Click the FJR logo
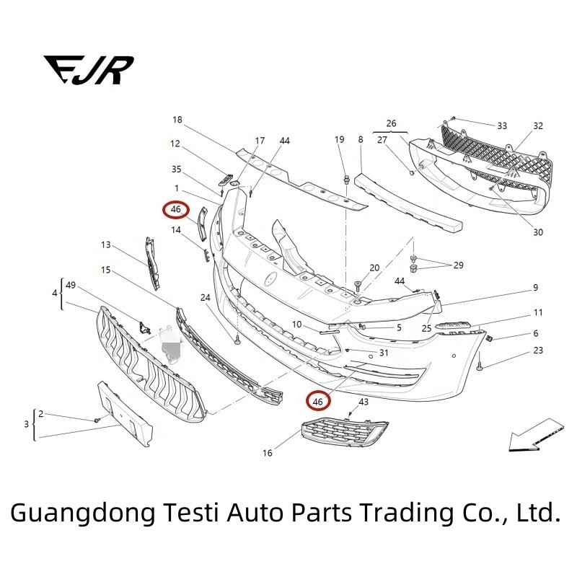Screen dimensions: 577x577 tap(89, 70)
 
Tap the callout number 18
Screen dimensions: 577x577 tap(177, 120)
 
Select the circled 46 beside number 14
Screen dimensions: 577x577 tap(176, 209)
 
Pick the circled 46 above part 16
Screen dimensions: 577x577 tap(318, 401)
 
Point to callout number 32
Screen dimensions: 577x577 tap(538, 125)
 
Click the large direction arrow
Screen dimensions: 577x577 tap(536, 436)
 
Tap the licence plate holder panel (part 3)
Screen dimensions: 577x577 tap(124, 414)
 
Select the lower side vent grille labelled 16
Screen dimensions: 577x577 tap(345, 431)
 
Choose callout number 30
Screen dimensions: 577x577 tap(538, 232)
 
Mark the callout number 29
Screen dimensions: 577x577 tap(458, 265)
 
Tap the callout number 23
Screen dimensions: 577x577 tap(538, 351)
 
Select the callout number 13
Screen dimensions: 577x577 tap(105, 245)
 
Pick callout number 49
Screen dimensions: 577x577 tap(70, 285)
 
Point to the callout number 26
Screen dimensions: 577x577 tap(391, 123)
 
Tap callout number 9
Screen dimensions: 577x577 tap(536, 287)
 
